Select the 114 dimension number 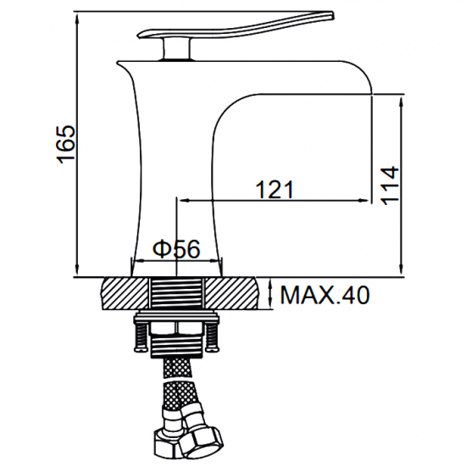coord(389,184)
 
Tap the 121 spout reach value coord(275,190)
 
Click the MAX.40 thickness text coord(325,296)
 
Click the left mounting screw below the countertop coord(136,336)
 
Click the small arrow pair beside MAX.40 coord(270,295)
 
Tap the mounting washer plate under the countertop coord(175,317)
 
